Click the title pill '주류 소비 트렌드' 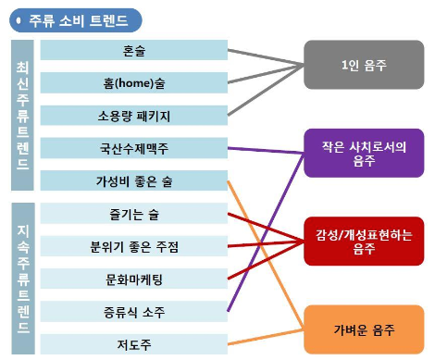[x=76, y=20]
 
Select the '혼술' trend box [x=134, y=50]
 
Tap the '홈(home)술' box [x=134, y=82]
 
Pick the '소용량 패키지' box [x=134, y=116]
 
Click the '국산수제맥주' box [x=134, y=148]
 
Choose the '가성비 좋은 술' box [x=134, y=180]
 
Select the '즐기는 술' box [x=134, y=214]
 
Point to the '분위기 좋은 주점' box [x=134, y=246]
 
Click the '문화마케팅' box [x=134, y=279]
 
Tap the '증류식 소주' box [x=134, y=312]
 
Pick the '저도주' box [x=134, y=344]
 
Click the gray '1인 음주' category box [x=364, y=65]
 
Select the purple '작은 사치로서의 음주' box [x=364, y=153]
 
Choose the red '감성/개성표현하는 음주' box [x=364, y=242]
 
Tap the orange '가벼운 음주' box [x=364, y=329]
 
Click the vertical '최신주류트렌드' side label [x=22, y=115]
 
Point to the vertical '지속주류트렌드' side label [x=23, y=279]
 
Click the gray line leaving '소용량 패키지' [x=266, y=90]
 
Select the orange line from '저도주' [x=266, y=337]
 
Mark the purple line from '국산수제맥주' [x=266, y=151]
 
